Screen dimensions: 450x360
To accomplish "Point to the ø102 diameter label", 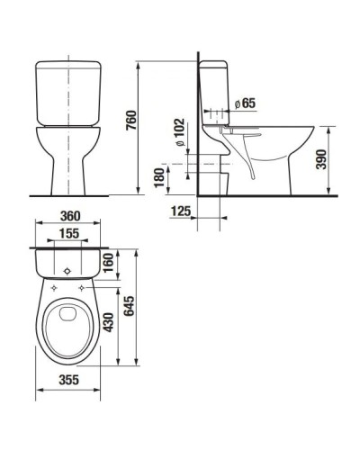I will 181,133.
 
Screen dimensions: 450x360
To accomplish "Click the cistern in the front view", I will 67,93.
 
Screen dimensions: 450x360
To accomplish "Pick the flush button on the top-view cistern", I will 68,269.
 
